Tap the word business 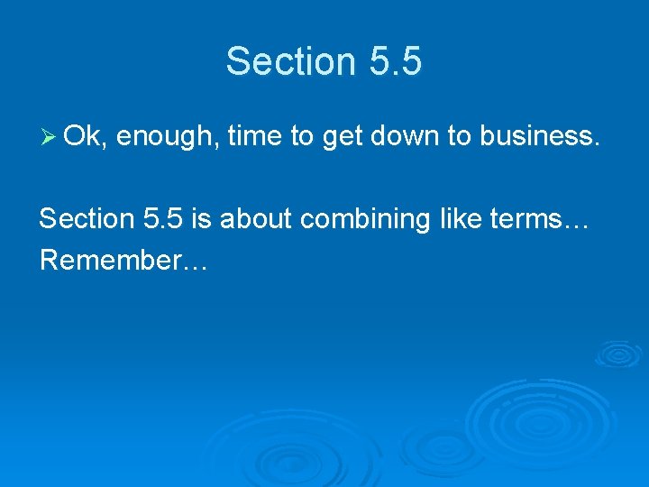point(538,137)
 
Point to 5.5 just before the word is point(166,218)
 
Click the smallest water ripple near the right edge point(619,353)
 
